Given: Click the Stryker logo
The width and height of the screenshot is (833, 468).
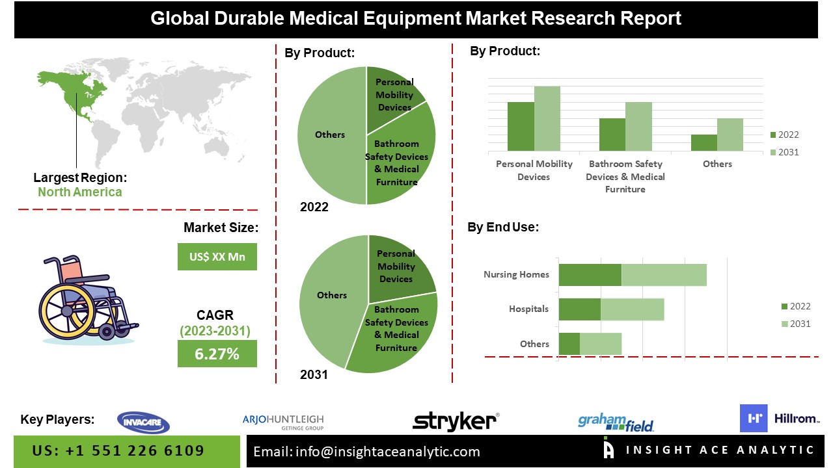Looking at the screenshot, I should (456, 421).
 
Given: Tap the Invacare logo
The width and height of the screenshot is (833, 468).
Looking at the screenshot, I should (143, 422).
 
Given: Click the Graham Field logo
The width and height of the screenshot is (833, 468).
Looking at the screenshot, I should (616, 422).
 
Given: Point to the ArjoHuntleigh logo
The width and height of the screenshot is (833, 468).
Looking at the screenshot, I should (283, 422).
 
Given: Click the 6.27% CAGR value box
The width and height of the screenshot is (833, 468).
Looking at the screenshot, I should (217, 354).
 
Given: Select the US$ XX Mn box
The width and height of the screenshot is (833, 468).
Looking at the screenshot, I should (217, 257).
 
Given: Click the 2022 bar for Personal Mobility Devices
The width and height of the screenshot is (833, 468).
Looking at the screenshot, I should (521, 127).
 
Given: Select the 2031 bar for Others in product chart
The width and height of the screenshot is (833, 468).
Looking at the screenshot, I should (730, 135).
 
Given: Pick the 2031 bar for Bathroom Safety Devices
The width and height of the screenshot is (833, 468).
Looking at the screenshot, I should (638, 127).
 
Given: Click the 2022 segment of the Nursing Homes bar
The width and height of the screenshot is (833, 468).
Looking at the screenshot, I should (590, 274).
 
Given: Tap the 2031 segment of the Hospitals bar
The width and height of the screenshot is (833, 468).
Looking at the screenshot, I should (632, 309).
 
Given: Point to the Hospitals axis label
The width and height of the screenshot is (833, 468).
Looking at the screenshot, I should (528, 309).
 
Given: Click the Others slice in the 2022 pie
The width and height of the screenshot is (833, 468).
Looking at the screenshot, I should (330, 135).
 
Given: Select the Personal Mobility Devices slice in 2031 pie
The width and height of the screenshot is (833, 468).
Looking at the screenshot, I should (398, 266).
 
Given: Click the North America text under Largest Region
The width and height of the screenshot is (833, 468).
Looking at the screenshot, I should (79, 192).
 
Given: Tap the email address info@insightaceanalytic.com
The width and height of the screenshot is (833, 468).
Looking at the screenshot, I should (387, 452).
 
